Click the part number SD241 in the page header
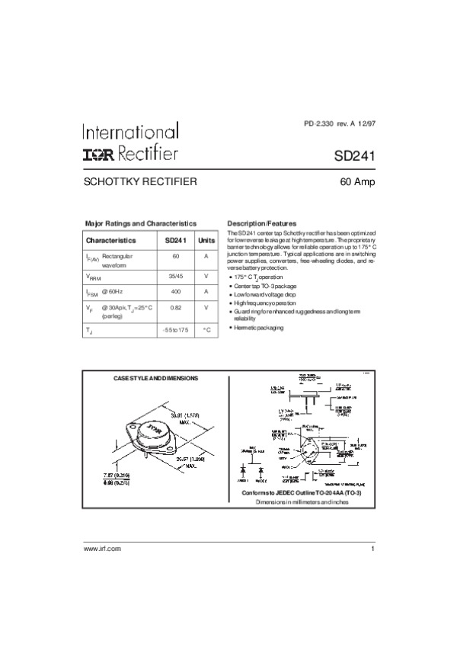[354, 155]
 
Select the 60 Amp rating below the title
[356, 183]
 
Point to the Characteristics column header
[110, 240]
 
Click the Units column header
[206, 240]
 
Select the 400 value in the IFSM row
[176, 292]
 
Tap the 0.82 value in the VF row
[176, 308]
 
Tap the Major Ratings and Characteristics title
[140, 223]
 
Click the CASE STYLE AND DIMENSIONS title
[155, 379]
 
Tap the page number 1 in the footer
[373, 549]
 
